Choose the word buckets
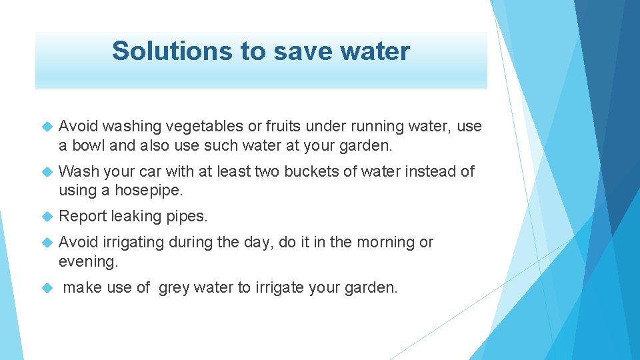[x=312, y=172]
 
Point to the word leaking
[x=136, y=217]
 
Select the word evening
[x=87, y=261]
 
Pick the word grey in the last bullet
[x=175, y=288]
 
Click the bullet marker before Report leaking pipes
[x=47, y=217]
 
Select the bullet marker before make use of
[x=47, y=288]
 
